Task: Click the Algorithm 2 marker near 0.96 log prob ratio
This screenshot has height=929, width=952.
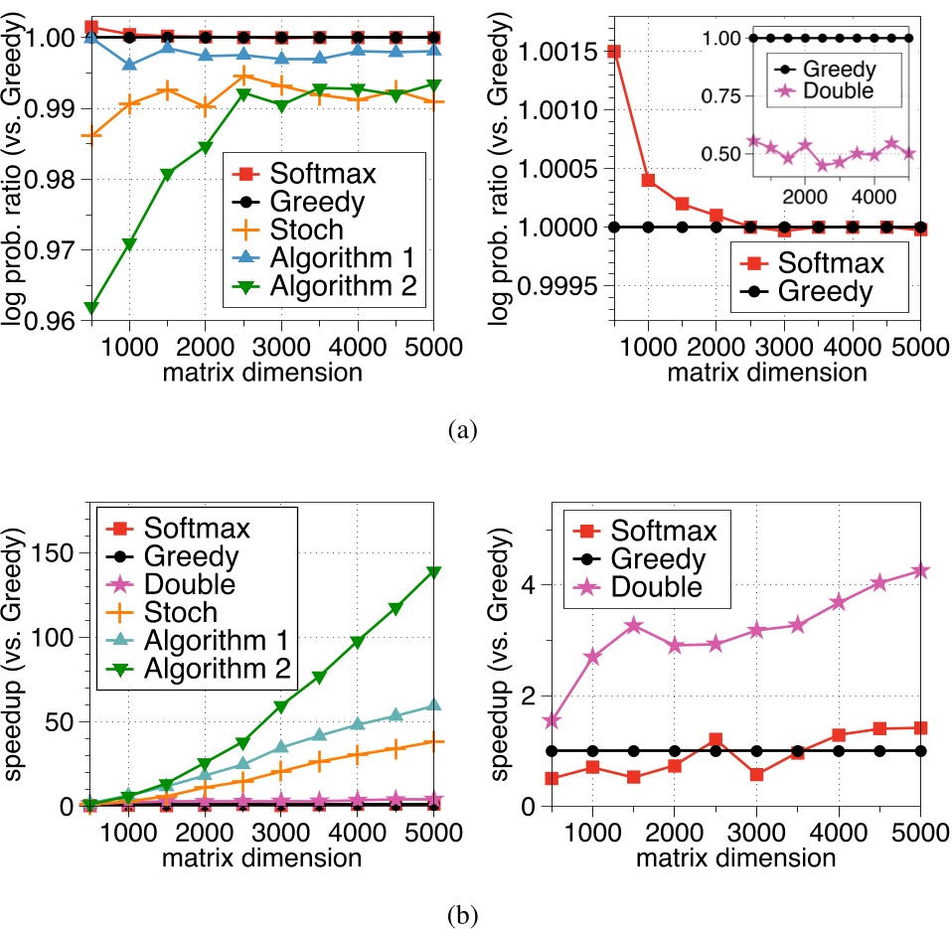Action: pos(91,308)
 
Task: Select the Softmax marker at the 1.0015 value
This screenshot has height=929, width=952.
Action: pos(614,51)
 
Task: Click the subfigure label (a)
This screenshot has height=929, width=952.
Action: pos(465,429)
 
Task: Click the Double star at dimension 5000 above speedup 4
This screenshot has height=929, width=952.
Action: pos(921,570)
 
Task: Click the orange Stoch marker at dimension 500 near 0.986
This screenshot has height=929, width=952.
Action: pos(91,136)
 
